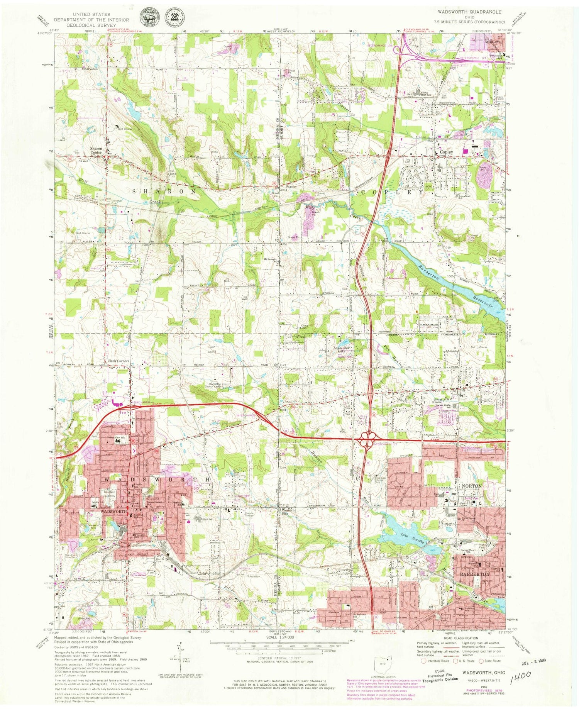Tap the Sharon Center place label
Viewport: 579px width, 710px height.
(x=96, y=150)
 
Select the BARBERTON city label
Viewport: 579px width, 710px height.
(x=474, y=574)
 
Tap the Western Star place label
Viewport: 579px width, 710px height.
(x=288, y=512)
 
